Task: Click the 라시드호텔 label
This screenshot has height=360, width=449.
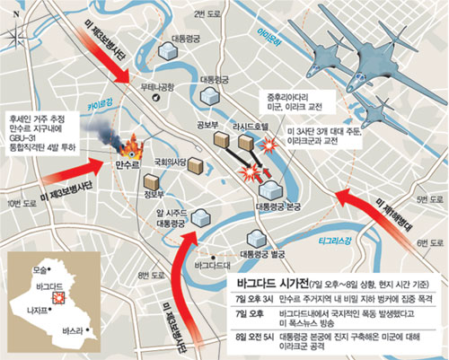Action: point(245,127)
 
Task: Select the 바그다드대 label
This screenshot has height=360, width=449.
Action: point(213,267)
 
